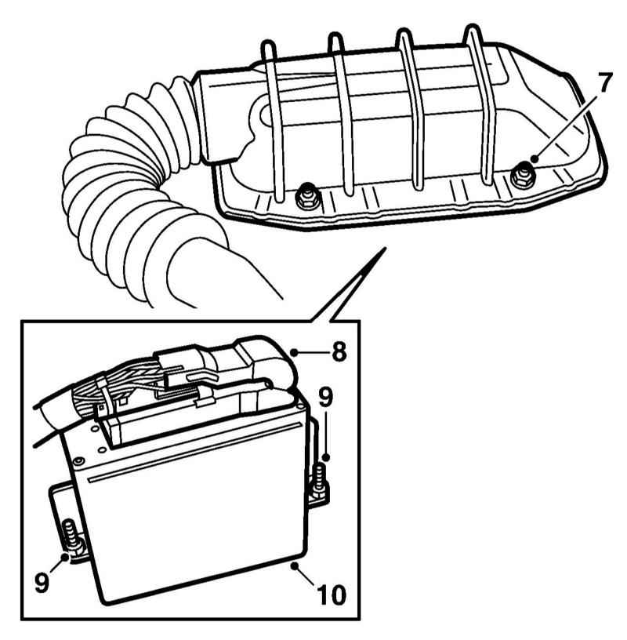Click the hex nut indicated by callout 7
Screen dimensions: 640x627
click(x=520, y=176)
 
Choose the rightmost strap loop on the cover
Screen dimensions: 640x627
click(x=478, y=102)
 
